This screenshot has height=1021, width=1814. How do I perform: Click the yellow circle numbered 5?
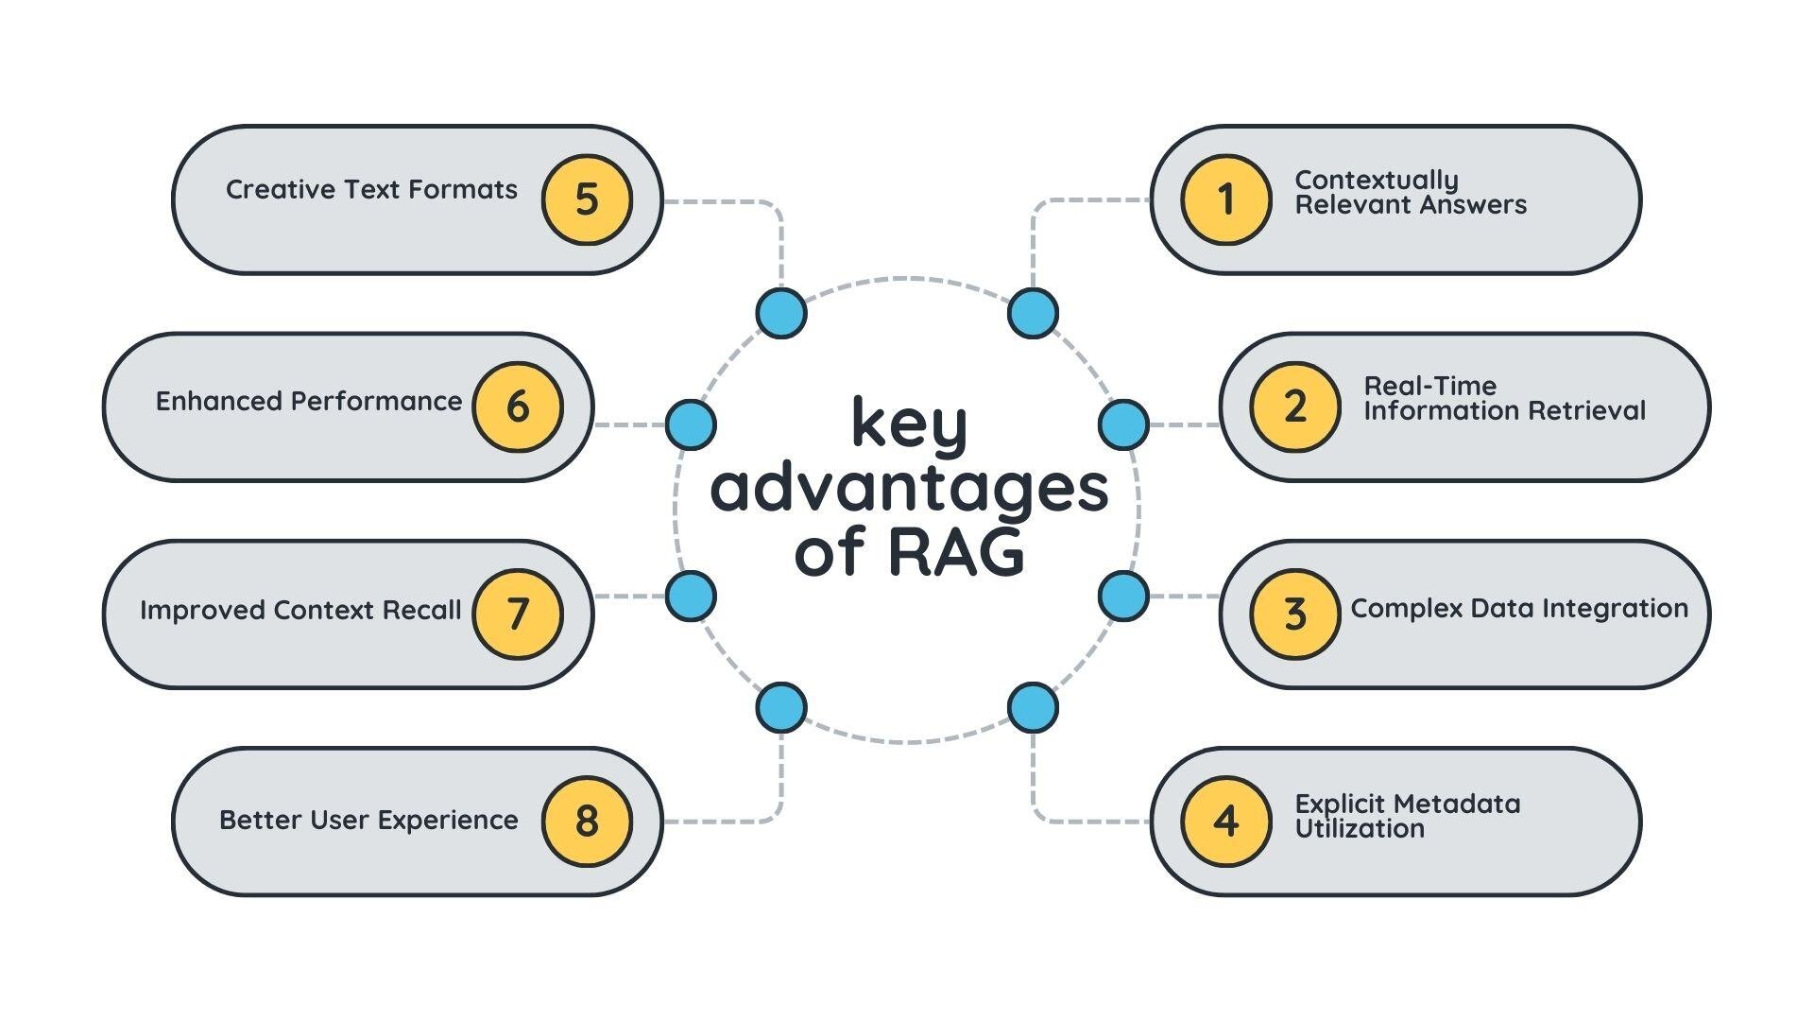(x=587, y=199)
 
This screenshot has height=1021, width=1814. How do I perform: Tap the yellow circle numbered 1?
(x=1225, y=199)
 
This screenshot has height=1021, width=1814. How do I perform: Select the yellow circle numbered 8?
(x=587, y=821)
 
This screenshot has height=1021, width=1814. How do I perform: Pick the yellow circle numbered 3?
(x=1294, y=614)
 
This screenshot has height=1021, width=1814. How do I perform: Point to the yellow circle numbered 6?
(x=518, y=407)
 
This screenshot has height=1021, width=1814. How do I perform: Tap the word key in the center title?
(x=909, y=424)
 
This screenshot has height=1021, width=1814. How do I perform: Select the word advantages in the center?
(x=909, y=488)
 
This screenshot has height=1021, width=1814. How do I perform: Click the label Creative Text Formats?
(x=371, y=189)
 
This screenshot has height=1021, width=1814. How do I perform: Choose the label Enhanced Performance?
(x=309, y=401)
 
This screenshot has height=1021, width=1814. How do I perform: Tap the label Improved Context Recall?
(x=300, y=610)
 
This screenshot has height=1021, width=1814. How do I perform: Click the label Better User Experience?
(x=368, y=820)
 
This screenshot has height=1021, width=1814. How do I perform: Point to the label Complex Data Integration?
(x=1519, y=608)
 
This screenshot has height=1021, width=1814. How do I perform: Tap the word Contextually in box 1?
(x=1377, y=180)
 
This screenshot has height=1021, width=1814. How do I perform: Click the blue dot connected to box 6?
(x=691, y=424)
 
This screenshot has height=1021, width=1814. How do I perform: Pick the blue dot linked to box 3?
(x=1123, y=597)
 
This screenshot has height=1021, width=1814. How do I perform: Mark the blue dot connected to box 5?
(x=781, y=313)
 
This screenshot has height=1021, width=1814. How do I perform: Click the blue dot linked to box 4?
(x=1033, y=708)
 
